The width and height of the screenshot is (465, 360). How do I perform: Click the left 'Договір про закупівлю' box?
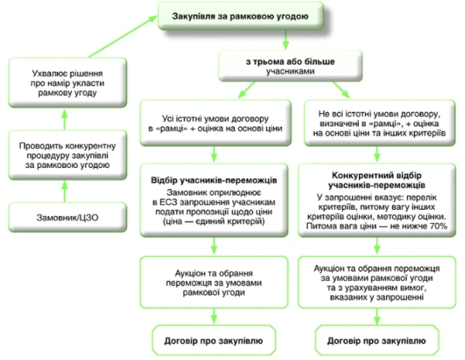216,340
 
